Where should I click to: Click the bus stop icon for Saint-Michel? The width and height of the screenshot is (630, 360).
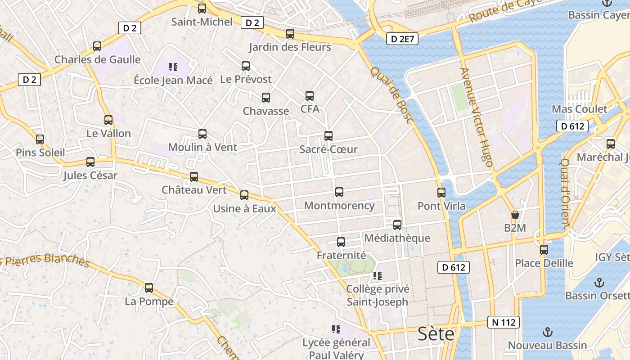point(202,8)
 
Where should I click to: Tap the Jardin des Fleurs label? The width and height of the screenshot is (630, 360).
point(290,47)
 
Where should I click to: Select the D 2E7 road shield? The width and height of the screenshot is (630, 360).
point(402,39)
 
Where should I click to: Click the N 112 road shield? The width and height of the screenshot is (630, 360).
point(504,322)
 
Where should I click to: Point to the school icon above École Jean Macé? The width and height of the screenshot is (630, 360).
point(173,67)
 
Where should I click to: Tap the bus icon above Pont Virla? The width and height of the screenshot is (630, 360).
point(441,193)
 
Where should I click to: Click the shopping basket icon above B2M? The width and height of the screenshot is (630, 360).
point(515,215)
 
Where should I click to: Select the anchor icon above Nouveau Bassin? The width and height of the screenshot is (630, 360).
point(548,332)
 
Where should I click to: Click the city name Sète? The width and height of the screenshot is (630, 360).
point(436,334)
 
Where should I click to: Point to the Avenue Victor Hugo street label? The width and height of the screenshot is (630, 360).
point(477,117)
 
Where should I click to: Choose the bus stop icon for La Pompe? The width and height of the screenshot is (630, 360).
point(149,288)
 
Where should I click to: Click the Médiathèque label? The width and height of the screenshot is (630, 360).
point(397,238)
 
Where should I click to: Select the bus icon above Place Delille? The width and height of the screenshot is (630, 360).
point(544,250)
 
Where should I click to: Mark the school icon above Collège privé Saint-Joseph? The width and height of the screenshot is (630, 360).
point(377,275)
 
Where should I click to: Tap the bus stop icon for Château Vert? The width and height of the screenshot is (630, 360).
point(194,177)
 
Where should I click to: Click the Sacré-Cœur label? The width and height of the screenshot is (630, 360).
point(328,149)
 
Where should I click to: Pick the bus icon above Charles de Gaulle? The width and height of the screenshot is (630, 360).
point(97,46)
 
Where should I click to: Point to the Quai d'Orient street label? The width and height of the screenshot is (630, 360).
point(565,193)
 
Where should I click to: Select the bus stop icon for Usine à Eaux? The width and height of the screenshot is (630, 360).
point(244,195)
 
